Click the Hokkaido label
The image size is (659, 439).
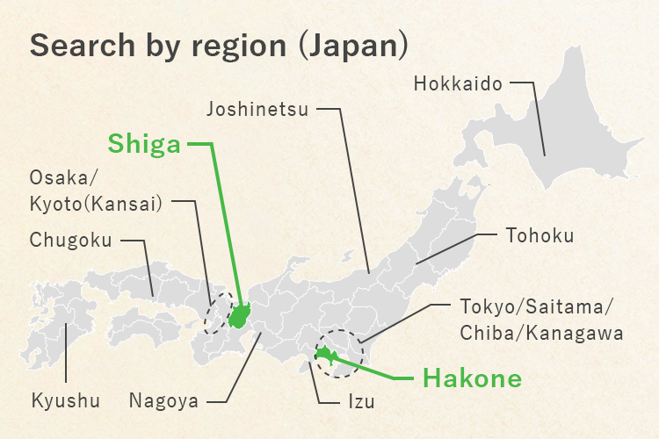coord(457,85)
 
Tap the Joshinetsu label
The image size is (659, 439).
coord(257,110)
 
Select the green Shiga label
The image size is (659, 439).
coord(144,144)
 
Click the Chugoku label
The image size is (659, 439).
coord(70,240)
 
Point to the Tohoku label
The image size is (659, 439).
coord(540,235)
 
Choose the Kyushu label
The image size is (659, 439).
coord(65,402)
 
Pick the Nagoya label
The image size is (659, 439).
coord(163,402)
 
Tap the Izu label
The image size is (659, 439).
coord(359,403)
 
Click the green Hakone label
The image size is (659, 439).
coord(472,379)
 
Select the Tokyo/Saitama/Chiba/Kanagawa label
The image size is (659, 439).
coord(541,320)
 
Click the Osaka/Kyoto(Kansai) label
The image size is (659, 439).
coord(96,191)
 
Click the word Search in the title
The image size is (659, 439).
coord(76,46)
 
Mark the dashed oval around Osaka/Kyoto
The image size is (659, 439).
coord(215,313)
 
